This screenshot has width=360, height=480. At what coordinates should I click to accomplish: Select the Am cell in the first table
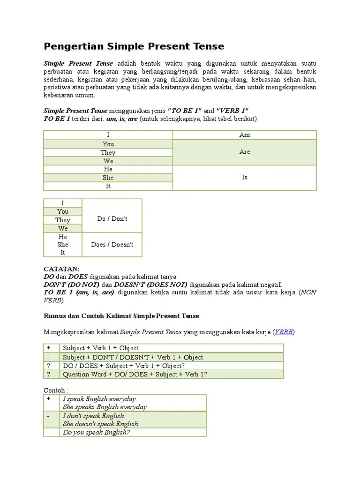(244, 135)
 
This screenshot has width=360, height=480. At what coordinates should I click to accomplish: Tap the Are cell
(244, 152)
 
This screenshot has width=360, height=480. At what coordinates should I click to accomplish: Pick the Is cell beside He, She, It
(244, 178)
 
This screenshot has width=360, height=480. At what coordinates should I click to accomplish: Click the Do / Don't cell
(112, 219)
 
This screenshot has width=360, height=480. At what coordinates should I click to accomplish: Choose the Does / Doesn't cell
(112, 245)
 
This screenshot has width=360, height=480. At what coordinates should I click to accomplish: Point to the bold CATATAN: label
(61, 269)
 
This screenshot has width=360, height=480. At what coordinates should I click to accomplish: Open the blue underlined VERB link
(283, 332)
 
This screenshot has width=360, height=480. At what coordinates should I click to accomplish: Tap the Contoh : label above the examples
(56, 390)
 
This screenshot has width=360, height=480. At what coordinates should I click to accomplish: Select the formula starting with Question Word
(135, 374)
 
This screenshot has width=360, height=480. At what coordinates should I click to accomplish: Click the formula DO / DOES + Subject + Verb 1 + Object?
(124, 366)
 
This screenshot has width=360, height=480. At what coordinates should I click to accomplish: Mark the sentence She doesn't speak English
(100, 424)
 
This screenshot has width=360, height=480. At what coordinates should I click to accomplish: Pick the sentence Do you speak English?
(96, 432)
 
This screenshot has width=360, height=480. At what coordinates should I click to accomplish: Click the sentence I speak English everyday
(99, 399)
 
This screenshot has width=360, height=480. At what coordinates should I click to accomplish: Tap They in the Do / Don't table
(62, 220)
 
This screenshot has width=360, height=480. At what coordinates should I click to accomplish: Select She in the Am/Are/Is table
(108, 178)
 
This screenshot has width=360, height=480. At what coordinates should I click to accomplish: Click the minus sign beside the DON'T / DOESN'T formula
(48, 357)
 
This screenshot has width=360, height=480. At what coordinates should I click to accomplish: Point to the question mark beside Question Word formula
(48, 374)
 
